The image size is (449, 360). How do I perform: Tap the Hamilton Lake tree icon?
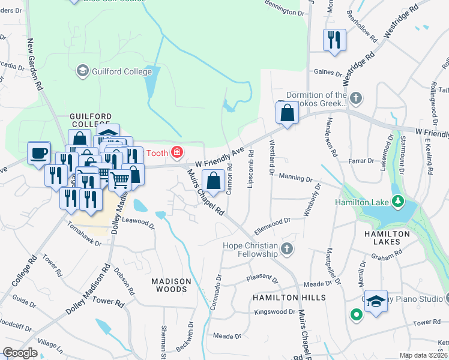click(397, 200)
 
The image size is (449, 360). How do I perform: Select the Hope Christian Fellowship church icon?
click(288, 248)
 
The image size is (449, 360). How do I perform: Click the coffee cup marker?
click(39, 152)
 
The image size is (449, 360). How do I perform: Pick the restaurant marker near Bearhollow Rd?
click(334, 40)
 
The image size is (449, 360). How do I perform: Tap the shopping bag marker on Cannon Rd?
click(214, 179)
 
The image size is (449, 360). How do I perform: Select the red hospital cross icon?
click(177, 153)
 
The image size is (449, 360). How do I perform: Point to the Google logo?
click(20, 353)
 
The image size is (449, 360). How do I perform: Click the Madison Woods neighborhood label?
click(171, 285)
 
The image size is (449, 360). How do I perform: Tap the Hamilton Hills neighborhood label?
click(289, 298)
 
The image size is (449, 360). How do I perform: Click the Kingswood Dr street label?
click(274, 312)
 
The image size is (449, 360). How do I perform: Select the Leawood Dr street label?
click(139, 223)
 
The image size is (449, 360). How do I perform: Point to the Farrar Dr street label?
click(361, 161)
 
